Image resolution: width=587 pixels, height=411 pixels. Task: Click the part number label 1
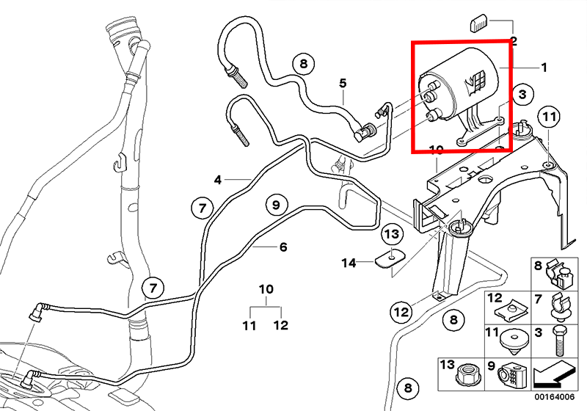point(544,68)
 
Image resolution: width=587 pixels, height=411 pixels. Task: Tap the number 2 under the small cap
point(514,42)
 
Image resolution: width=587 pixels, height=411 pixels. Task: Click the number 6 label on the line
point(282,247)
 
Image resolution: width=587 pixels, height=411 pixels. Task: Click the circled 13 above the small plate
point(393,235)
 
